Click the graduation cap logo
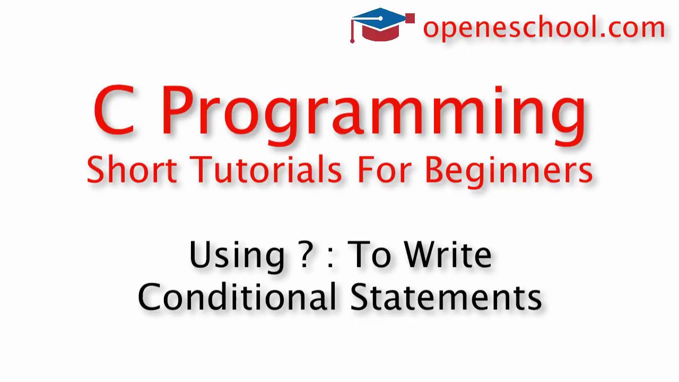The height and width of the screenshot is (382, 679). click(382, 25)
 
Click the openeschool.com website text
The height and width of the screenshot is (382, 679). click(543, 27)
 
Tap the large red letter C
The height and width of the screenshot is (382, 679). click(114, 111)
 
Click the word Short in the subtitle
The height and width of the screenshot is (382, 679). click(132, 170)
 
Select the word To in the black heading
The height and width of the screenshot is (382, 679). click(368, 255)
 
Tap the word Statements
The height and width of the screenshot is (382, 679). click(446, 297)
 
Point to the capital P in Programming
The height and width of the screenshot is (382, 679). click(178, 110)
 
